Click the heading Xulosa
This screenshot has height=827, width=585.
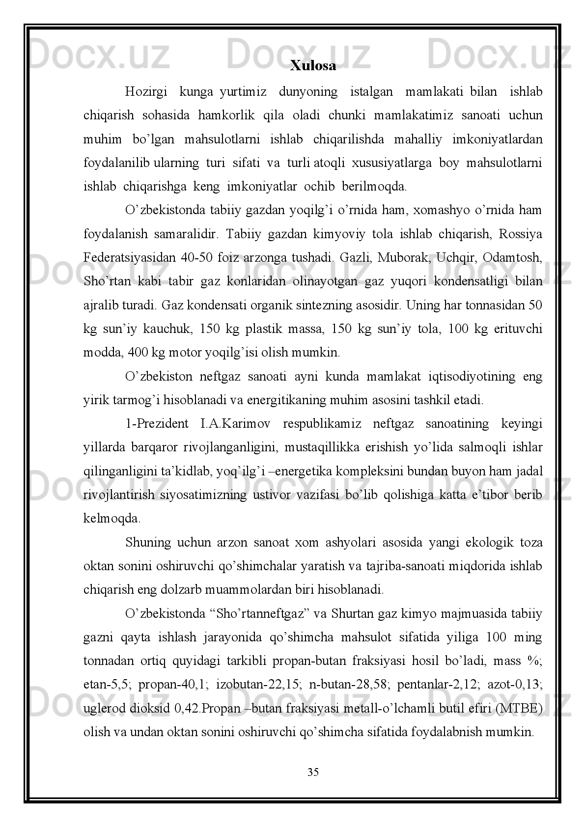(313, 66)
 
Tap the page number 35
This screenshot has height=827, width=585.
(312, 772)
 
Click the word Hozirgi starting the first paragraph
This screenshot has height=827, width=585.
(146, 92)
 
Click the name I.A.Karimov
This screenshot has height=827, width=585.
(235, 424)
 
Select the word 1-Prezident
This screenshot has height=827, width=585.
(157, 424)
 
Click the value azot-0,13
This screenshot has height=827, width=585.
(514, 685)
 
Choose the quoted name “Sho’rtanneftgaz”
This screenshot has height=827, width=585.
(258, 614)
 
